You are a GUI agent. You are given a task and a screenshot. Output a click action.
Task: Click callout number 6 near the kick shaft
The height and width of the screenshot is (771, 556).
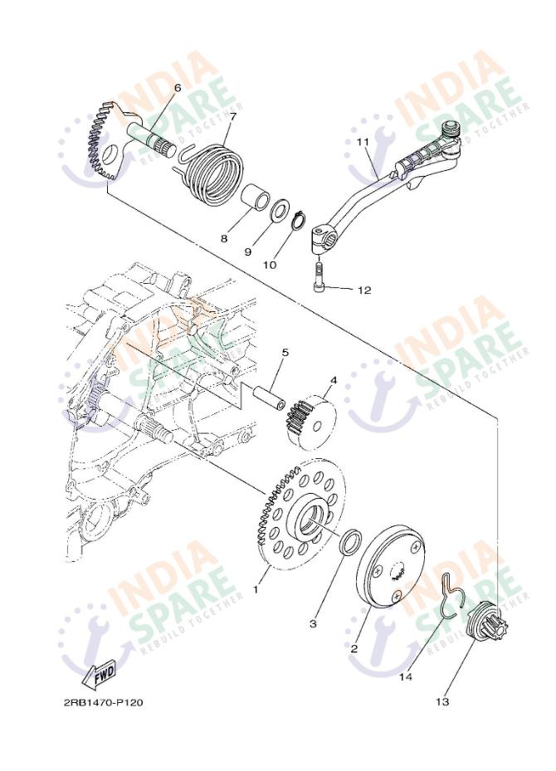(178, 87)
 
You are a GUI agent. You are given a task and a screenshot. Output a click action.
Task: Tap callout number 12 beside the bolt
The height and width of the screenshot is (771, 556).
(364, 290)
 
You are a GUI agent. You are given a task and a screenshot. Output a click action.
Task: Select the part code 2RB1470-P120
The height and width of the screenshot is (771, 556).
(103, 702)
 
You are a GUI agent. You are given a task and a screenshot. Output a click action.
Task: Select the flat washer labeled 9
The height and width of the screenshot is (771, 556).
(279, 210)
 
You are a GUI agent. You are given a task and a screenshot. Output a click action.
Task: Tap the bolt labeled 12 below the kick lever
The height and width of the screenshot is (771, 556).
(319, 276)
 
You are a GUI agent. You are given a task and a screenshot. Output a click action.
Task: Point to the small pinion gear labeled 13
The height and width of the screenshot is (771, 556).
(486, 622)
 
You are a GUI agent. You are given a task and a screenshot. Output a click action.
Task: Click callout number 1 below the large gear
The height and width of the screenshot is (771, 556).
(256, 588)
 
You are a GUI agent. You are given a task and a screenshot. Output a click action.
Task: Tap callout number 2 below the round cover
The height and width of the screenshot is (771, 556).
(354, 648)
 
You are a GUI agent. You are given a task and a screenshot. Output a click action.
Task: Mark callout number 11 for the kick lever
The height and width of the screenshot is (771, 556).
(363, 142)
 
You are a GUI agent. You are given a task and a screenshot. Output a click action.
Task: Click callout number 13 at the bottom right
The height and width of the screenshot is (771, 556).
(442, 701)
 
